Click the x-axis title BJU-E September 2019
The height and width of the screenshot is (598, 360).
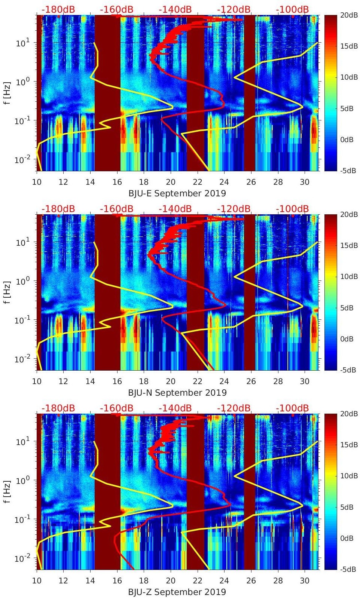tap(177, 193)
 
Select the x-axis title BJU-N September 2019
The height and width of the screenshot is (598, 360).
tap(177, 393)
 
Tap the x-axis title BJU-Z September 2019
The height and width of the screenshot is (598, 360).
tap(177, 592)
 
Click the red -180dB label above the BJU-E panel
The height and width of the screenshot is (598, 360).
tap(58, 9)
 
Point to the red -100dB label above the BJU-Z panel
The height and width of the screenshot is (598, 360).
tap(292, 408)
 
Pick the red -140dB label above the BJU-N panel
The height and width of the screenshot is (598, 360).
tap(175, 209)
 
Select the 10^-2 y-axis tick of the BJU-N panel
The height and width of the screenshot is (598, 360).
tap(21, 359)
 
